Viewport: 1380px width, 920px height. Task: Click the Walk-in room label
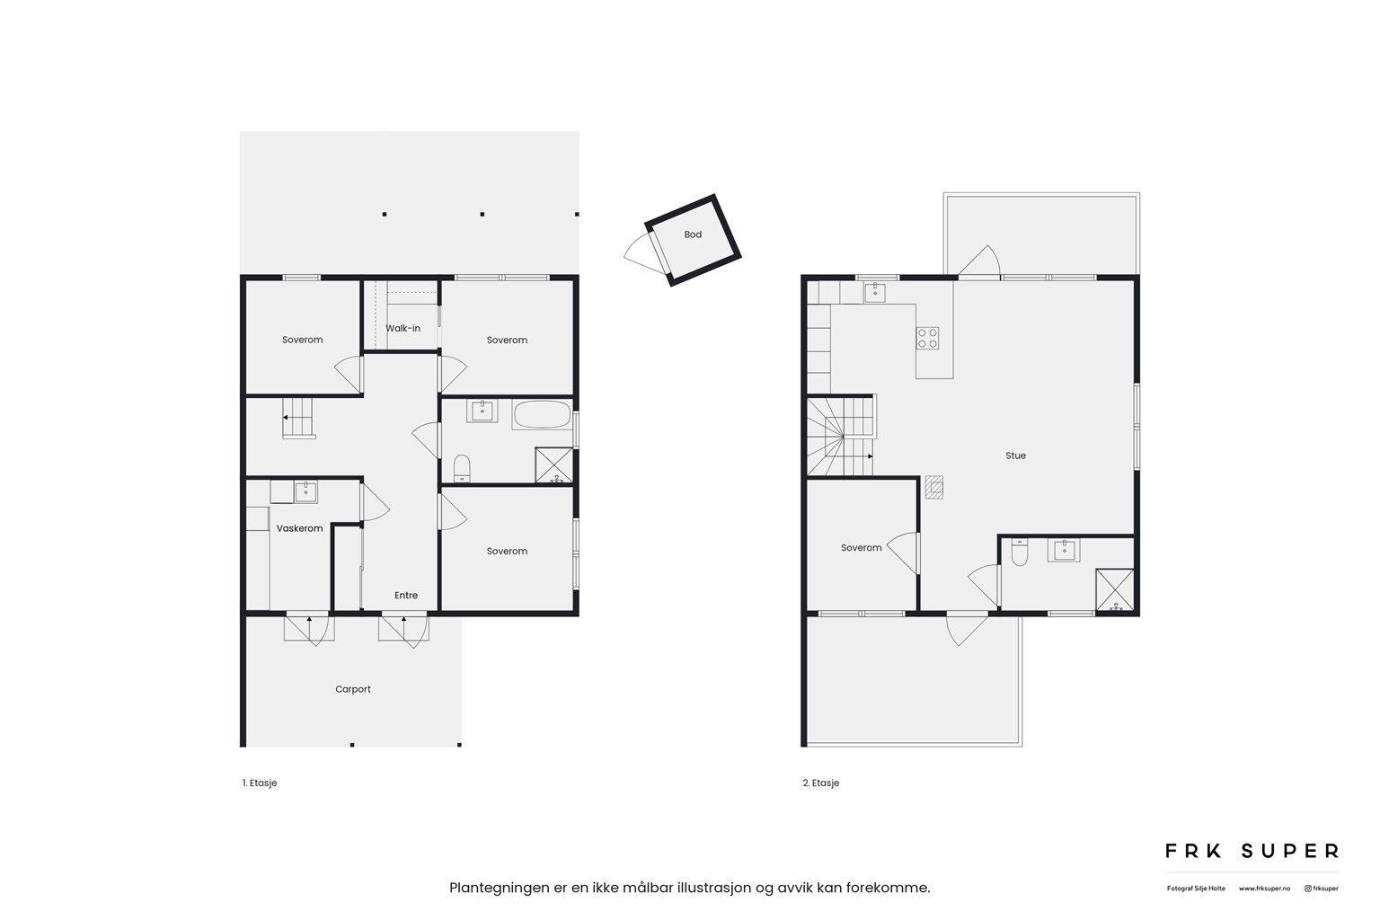(x=402, y=329)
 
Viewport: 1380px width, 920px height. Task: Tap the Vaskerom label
(x=299, y=528)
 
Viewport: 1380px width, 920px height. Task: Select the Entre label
(x=406, y=596)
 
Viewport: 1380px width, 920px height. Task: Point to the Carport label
(x=353, y=689)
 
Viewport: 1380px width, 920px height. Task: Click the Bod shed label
(x=693, y=234)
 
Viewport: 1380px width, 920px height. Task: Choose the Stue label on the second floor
(x=1016, y=456)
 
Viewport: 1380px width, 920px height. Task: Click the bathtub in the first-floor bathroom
(x=542, y=415)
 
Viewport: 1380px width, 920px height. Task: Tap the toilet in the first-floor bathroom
(x=462, y=468)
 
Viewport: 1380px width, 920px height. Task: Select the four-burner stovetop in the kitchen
(x=927, y=338)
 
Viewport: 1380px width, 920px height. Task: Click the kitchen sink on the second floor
(x=875, y=292)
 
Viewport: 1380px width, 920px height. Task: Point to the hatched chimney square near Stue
(x=934, y=487)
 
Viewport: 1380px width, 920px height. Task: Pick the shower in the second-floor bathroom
(x=1114, y=590)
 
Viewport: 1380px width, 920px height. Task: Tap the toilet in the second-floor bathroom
(x=1020, y=553)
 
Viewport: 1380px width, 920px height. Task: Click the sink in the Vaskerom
(x=305, y=491)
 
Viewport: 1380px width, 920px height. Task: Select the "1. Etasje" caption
(x=260, y=783)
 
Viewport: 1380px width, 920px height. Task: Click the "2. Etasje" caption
(x=820, y=783)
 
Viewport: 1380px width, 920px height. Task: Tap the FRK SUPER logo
(x=1252, y=851)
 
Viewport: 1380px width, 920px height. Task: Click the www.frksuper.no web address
(x=1264, y=889)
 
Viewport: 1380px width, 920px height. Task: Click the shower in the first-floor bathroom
(x=553, y=465)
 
